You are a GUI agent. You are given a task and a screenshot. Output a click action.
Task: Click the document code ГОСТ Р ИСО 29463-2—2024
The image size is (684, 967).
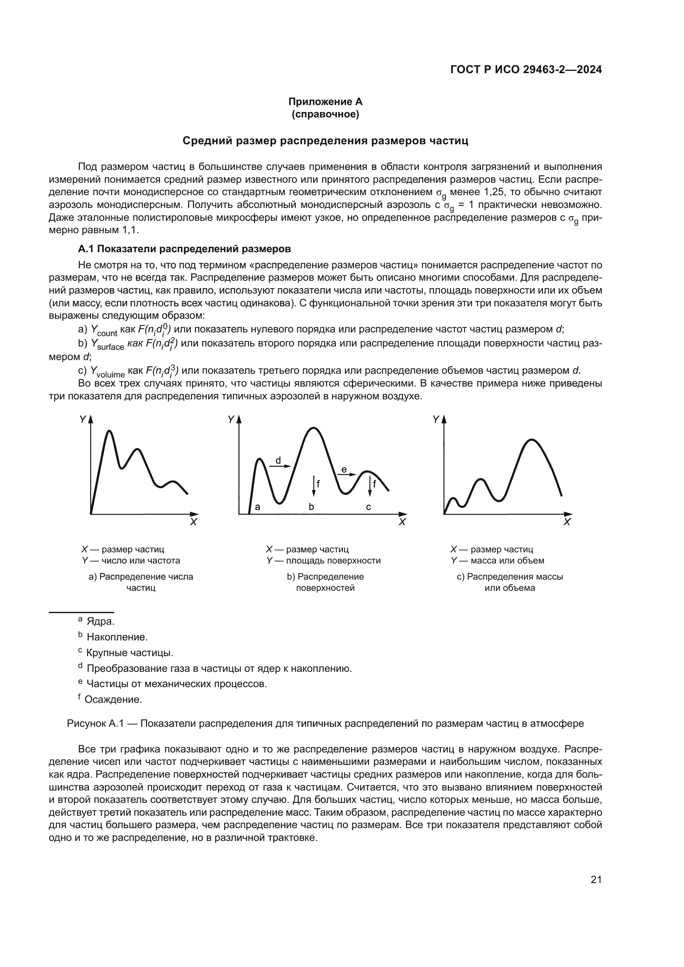[526, 69]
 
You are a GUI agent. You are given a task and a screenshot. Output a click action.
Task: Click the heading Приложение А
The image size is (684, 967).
[325, 102]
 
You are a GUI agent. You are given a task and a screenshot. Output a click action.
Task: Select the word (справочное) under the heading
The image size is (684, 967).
[325, 114]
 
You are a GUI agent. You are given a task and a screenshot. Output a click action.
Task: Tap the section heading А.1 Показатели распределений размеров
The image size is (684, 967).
[184, 249]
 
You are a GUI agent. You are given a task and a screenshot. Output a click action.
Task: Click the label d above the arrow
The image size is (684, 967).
[278, 460]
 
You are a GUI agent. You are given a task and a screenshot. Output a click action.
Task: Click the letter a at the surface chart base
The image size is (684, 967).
[257, 507]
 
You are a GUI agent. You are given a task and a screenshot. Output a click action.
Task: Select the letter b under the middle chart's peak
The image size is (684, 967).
[311, 507]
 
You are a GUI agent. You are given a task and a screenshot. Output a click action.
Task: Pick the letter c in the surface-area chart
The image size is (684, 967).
[368, 507]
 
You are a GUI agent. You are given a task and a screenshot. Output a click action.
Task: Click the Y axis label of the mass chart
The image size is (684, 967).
[436, 419]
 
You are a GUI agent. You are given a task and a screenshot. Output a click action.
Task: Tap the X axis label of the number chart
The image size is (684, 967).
[193, 522]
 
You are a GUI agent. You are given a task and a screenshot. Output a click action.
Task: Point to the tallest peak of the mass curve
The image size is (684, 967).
[532, 440]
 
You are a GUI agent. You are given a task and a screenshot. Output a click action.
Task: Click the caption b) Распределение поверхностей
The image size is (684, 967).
[325, 582]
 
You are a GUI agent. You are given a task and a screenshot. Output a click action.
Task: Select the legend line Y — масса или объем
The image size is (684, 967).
[497, 561]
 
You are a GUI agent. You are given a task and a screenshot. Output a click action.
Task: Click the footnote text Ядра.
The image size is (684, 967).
[100, 622]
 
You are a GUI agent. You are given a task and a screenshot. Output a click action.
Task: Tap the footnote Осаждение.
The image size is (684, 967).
[113, 700]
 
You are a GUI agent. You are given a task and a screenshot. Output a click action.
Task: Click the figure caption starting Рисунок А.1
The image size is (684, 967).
[325, 723]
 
